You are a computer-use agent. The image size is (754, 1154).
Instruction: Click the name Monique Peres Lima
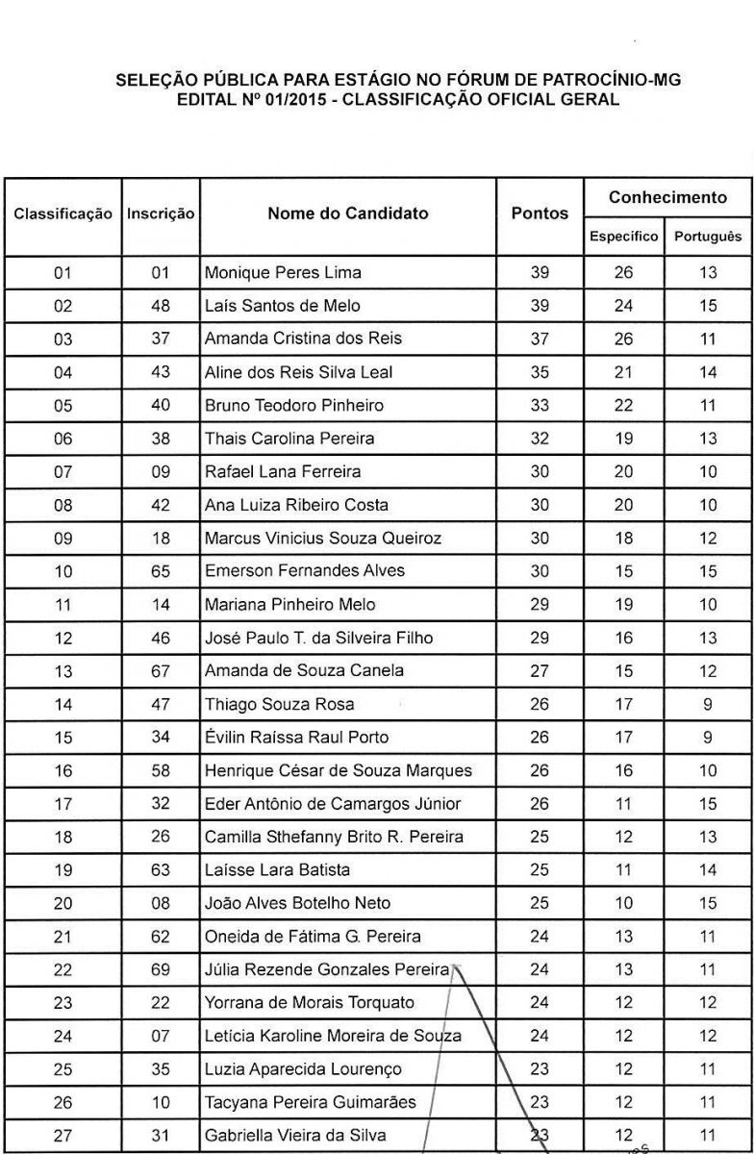point(283,273)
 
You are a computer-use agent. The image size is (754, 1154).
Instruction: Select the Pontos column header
point(540,214)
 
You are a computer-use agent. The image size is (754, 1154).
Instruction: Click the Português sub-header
point(708,236)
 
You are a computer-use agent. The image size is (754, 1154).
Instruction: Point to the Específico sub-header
point(624,236)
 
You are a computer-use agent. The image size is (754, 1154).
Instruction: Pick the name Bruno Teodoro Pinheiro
point(294,406)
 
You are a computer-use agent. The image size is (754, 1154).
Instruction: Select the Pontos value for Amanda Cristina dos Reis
point(540,339)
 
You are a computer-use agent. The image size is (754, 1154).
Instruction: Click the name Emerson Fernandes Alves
point(305,571)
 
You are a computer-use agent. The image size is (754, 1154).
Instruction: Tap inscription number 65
point(162,571)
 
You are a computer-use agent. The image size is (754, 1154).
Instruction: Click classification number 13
point(63,670)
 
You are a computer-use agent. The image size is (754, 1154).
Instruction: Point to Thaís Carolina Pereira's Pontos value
point(540,439)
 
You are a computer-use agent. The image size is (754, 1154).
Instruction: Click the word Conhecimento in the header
point(667,198)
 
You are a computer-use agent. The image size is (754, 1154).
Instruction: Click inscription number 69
point(162,969)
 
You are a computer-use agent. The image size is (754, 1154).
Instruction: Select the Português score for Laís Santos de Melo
point(708,306)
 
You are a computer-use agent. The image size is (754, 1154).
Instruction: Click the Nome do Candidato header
point(348,214)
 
